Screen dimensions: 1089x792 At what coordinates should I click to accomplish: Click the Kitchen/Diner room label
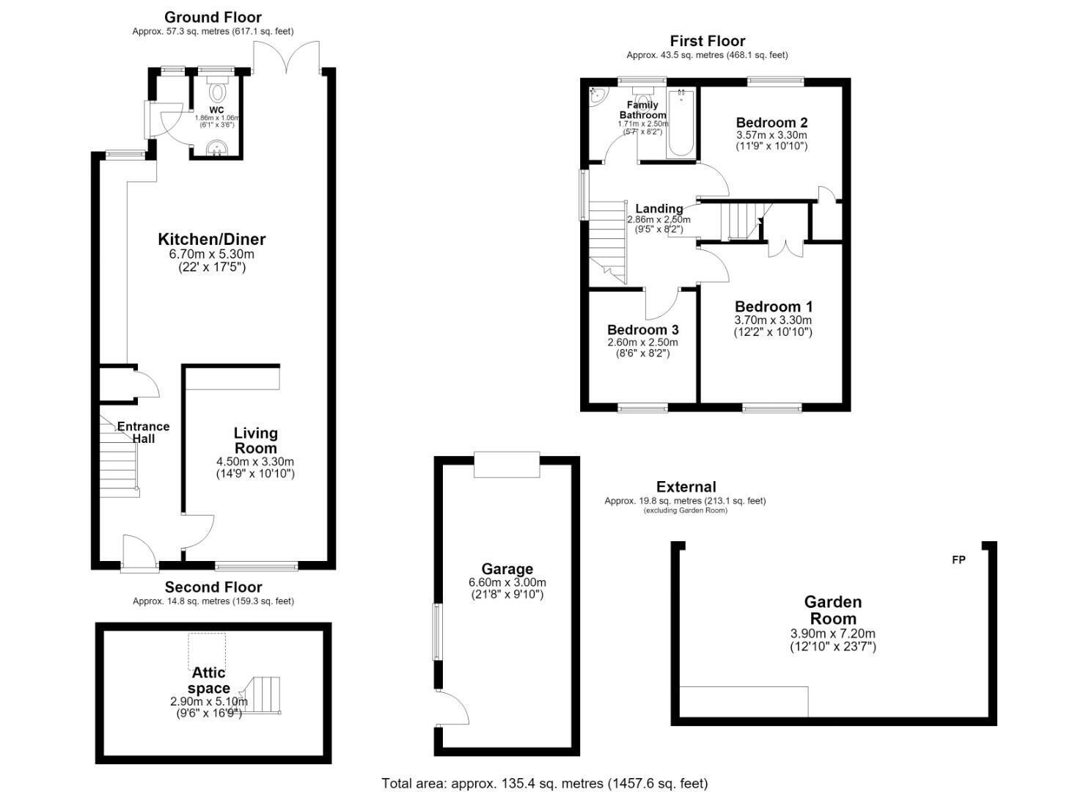point(212,239)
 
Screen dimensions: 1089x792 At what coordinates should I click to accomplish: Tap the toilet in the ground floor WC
point(217,89)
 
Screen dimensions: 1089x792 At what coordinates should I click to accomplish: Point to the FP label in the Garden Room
point(958,560)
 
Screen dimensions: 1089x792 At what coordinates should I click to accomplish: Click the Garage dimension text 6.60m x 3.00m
point(507,582)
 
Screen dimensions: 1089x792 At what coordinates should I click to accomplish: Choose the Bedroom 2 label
point(771,122)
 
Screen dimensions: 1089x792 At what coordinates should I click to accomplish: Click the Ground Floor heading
point(213,18)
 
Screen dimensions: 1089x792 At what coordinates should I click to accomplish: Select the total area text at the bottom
point(544,783)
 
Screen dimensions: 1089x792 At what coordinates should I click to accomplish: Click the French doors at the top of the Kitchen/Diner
point(286,57)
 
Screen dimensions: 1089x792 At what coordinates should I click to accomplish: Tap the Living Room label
point(255,441)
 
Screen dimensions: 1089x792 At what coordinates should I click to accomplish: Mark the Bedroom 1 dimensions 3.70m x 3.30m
point(772,320)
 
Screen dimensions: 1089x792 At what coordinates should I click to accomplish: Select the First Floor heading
point(708,41)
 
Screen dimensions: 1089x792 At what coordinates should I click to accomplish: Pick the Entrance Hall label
point(144,432)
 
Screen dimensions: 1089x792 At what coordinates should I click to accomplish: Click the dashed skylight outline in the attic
point(207,652)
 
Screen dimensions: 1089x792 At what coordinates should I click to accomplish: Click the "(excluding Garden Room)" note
point(685,510)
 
